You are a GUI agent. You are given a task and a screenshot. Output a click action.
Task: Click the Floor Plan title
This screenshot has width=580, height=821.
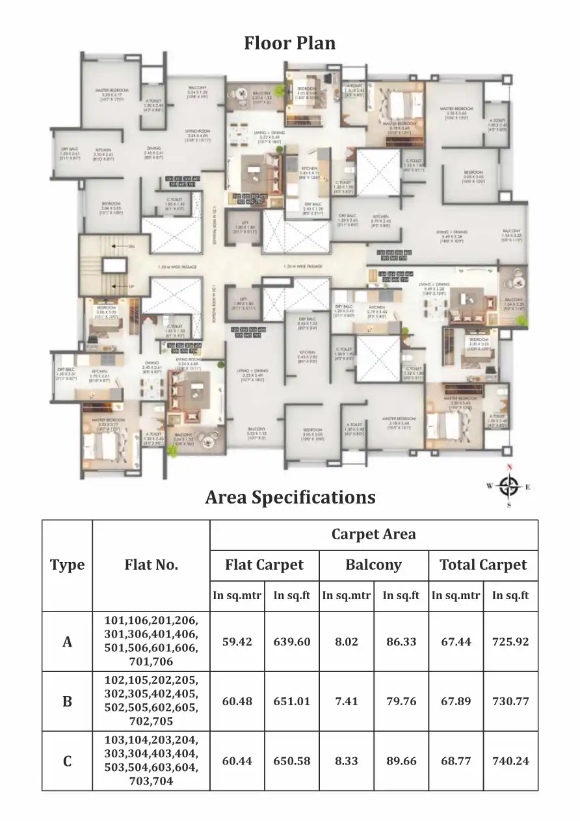pos(290,43)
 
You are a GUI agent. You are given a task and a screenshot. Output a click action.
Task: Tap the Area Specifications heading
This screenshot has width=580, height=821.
pos(290,497)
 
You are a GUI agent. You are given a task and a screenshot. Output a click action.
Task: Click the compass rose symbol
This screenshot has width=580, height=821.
pos(510,485)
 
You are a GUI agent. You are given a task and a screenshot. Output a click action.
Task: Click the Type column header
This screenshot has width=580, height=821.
pos(67,565)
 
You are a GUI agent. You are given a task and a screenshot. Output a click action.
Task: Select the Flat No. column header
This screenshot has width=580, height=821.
pos(151,565)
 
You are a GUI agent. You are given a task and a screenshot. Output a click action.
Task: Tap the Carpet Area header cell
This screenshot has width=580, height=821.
pos(373,535)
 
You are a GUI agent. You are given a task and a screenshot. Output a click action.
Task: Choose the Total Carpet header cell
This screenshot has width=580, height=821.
pos(483,565)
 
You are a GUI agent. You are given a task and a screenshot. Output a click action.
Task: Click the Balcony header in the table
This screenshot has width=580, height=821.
pos(373,565)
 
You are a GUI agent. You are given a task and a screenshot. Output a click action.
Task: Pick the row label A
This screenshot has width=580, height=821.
pos(67,642)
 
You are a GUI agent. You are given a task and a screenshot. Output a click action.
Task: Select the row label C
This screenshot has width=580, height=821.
pos(67,761)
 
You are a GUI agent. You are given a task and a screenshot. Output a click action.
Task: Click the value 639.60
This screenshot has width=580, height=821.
pos(292,642)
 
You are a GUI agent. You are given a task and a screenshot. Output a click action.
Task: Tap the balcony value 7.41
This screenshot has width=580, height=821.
pos(347,702)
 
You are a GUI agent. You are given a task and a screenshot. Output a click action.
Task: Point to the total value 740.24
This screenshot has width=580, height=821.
pos(510,761)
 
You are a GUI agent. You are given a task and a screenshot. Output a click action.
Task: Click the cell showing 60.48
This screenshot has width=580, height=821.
pos(237,702)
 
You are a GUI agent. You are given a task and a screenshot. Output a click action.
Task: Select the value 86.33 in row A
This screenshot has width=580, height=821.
pos(401,642)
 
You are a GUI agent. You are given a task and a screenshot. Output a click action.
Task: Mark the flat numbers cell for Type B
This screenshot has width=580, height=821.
pos(151,702)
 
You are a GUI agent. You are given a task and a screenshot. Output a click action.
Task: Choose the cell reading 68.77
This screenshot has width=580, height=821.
pos(455,761)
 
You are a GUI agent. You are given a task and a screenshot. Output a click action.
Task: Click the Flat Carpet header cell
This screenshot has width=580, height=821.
pos(264,565)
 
